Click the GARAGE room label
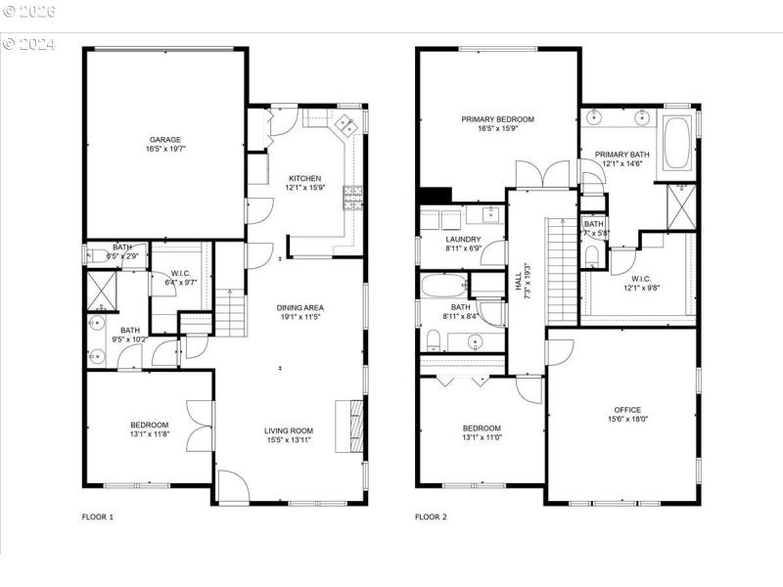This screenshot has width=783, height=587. (x=163, y=140)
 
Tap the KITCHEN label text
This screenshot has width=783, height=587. (x=302, y=179)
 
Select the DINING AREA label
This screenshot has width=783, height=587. (x=299, y=307)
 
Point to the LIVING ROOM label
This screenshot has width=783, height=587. (x=288, y=430)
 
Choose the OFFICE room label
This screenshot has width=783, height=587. (x=626, y=410)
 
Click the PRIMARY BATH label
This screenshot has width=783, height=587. (x=622, y=154)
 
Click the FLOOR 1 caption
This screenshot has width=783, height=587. (x=97, y=517)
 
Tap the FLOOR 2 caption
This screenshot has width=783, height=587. (x=431, y=517)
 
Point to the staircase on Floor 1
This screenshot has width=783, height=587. (x=227, y=314)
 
